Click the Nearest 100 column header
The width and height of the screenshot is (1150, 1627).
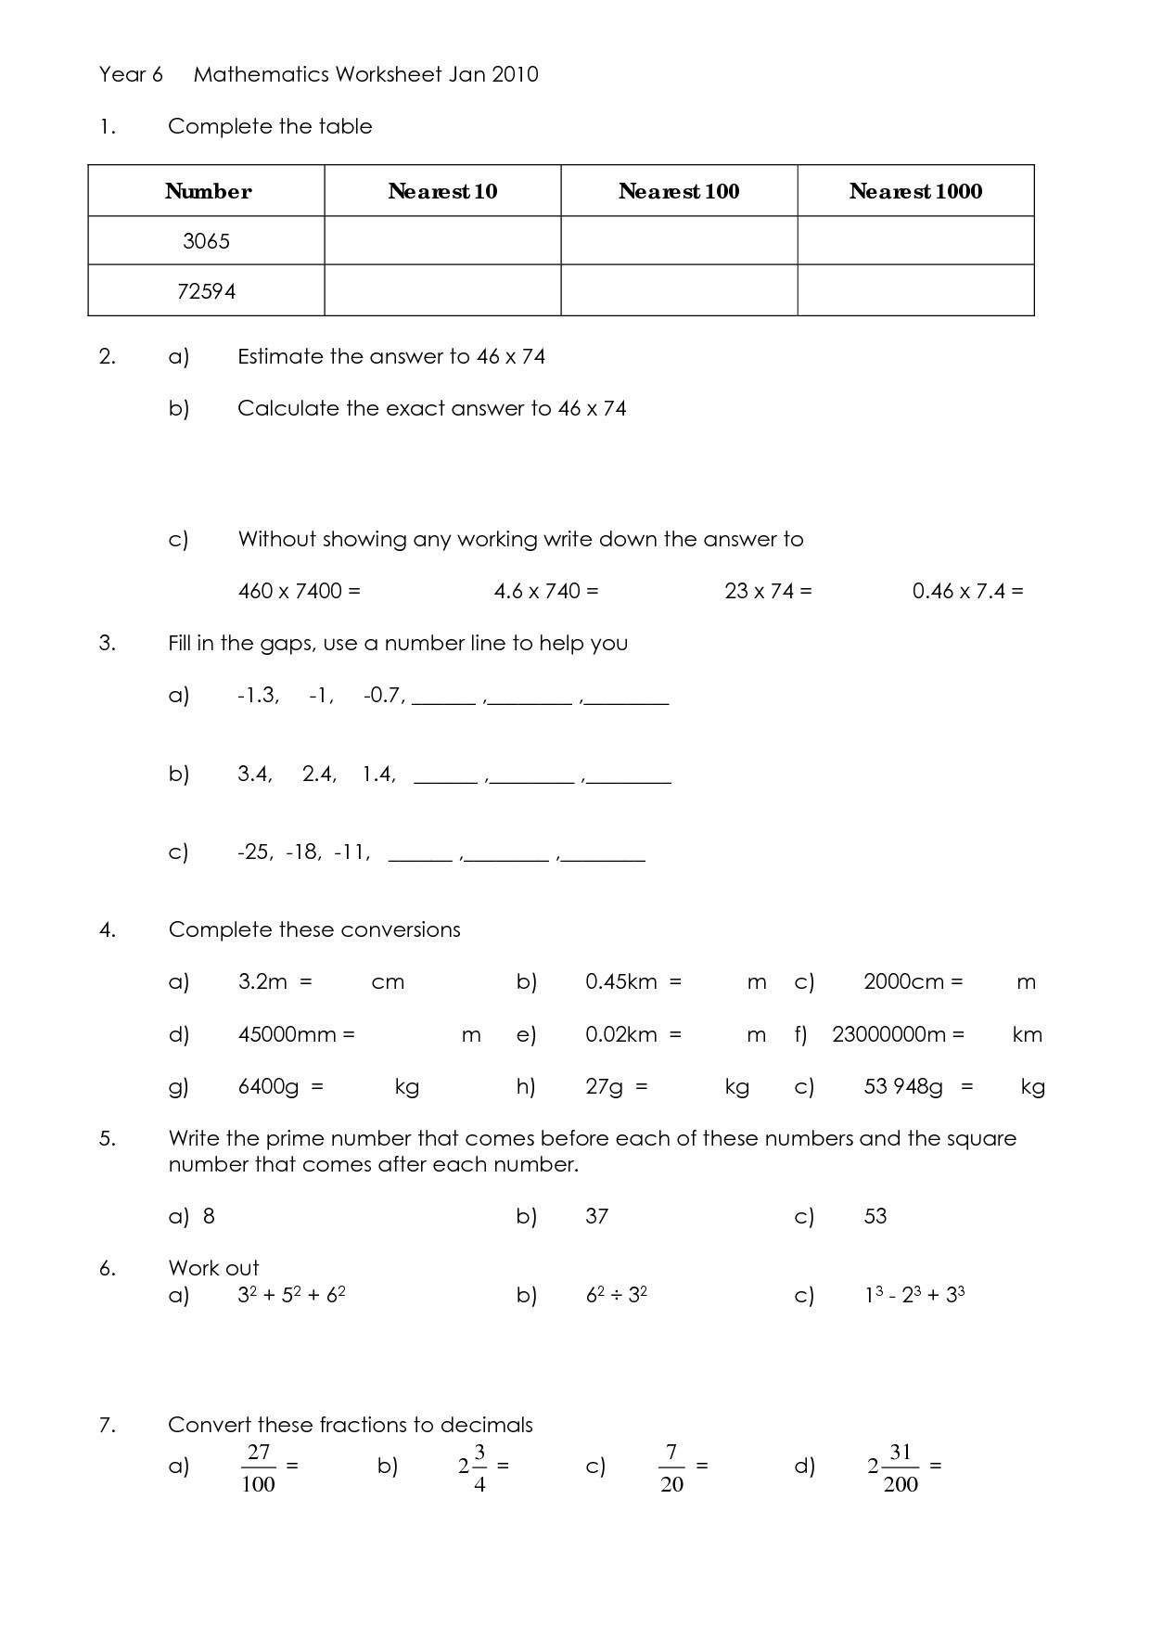[679, 191]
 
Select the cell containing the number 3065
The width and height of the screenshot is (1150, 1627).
[206, 241]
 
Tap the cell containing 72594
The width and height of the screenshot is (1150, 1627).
[206, 291]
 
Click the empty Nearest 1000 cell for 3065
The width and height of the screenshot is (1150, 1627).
[915, 241]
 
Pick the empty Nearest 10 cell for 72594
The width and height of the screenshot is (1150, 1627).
[442, 291]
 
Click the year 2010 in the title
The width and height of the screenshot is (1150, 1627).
[515, 74]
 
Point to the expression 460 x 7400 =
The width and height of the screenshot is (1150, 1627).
[299, 591]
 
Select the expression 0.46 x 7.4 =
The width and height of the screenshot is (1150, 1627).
[967, 591]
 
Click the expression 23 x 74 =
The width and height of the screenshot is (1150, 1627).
[768, 591]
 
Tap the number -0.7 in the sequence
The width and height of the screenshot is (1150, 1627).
[384, 695]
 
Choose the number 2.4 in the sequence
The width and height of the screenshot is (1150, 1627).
[319, 774]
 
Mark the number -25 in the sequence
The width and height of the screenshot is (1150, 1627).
[255, 852]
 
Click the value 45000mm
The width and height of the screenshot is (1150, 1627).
[287, 1034]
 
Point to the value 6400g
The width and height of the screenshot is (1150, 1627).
[269, 1086]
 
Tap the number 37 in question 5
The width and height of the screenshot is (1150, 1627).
[596, 1216]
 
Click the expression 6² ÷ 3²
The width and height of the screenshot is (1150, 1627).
[616, 1294]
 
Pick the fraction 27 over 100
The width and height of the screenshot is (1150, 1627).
[258, 1467]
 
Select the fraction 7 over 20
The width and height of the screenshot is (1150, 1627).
[672, 1467]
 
